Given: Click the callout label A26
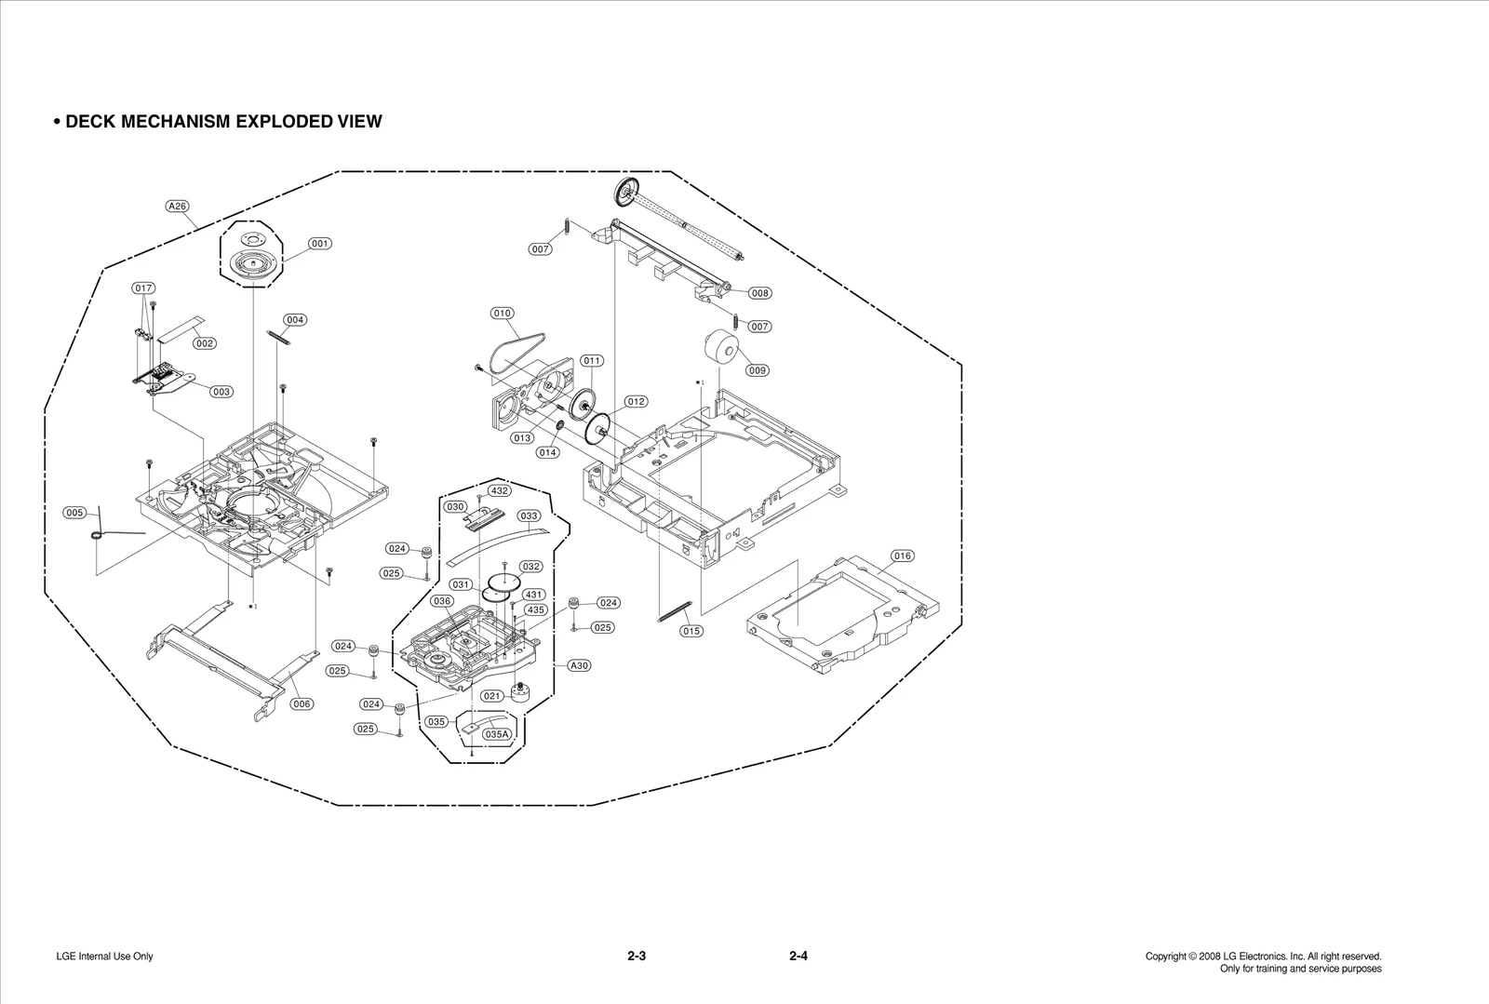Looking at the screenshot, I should pos(177,206).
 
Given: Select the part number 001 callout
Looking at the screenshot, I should pos(319,244).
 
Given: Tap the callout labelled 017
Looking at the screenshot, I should pos(143,288).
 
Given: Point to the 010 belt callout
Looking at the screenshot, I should pos(503,314).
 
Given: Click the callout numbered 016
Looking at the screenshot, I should pos(902,556).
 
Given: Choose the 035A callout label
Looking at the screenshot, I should pos(497,734).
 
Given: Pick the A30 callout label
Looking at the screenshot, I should pos(579,665).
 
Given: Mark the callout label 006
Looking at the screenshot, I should pos(302,704).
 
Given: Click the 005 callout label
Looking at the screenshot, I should pos(75,513).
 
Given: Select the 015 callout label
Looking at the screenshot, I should pos(691,631).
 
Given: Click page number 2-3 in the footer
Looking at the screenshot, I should pos(637,956).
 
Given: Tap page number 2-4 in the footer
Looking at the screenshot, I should pos(798,956).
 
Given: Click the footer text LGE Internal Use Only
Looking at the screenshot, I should pos(104,957).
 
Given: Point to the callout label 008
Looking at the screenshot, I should pos(759,293).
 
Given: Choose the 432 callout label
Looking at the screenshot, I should pos(499,490).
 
